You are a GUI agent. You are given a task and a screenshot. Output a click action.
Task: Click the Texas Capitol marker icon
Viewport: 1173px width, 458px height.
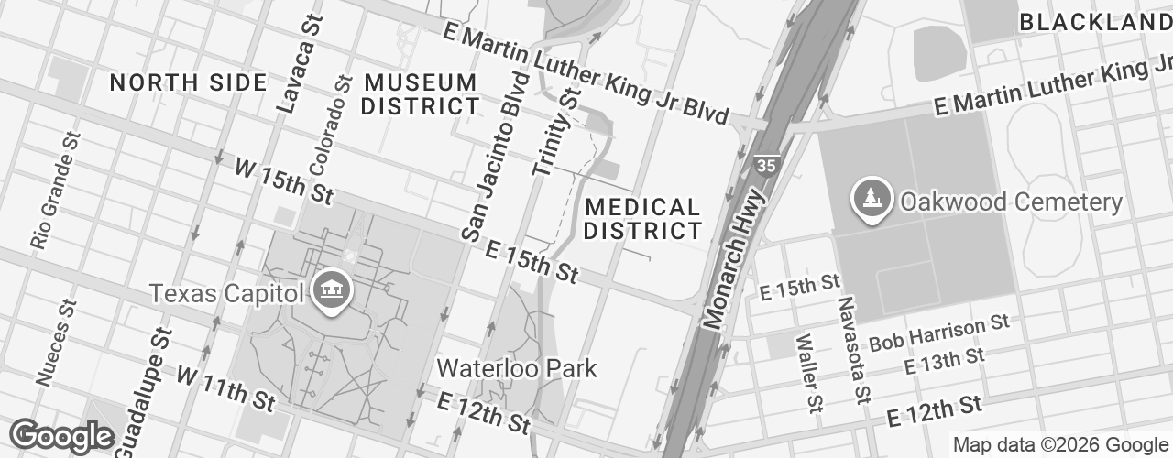(x=327, y=292)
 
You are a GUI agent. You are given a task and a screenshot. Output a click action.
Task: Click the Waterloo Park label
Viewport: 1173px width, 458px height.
(x=517, y=369)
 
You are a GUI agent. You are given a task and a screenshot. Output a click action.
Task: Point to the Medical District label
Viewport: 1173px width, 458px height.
(x=642, y=219)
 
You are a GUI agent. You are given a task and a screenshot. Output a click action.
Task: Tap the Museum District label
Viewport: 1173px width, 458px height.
(x=421, y=94)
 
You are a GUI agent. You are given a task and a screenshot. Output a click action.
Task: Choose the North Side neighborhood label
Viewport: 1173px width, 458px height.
(x=188, y=82)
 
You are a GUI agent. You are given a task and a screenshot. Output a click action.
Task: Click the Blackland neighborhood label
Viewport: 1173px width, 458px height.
(x=1095, y=22)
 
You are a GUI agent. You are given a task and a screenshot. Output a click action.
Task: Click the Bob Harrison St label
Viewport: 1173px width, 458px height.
(x=938, y=333)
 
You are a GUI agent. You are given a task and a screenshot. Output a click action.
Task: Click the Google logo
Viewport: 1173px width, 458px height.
(x=61, y=437)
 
